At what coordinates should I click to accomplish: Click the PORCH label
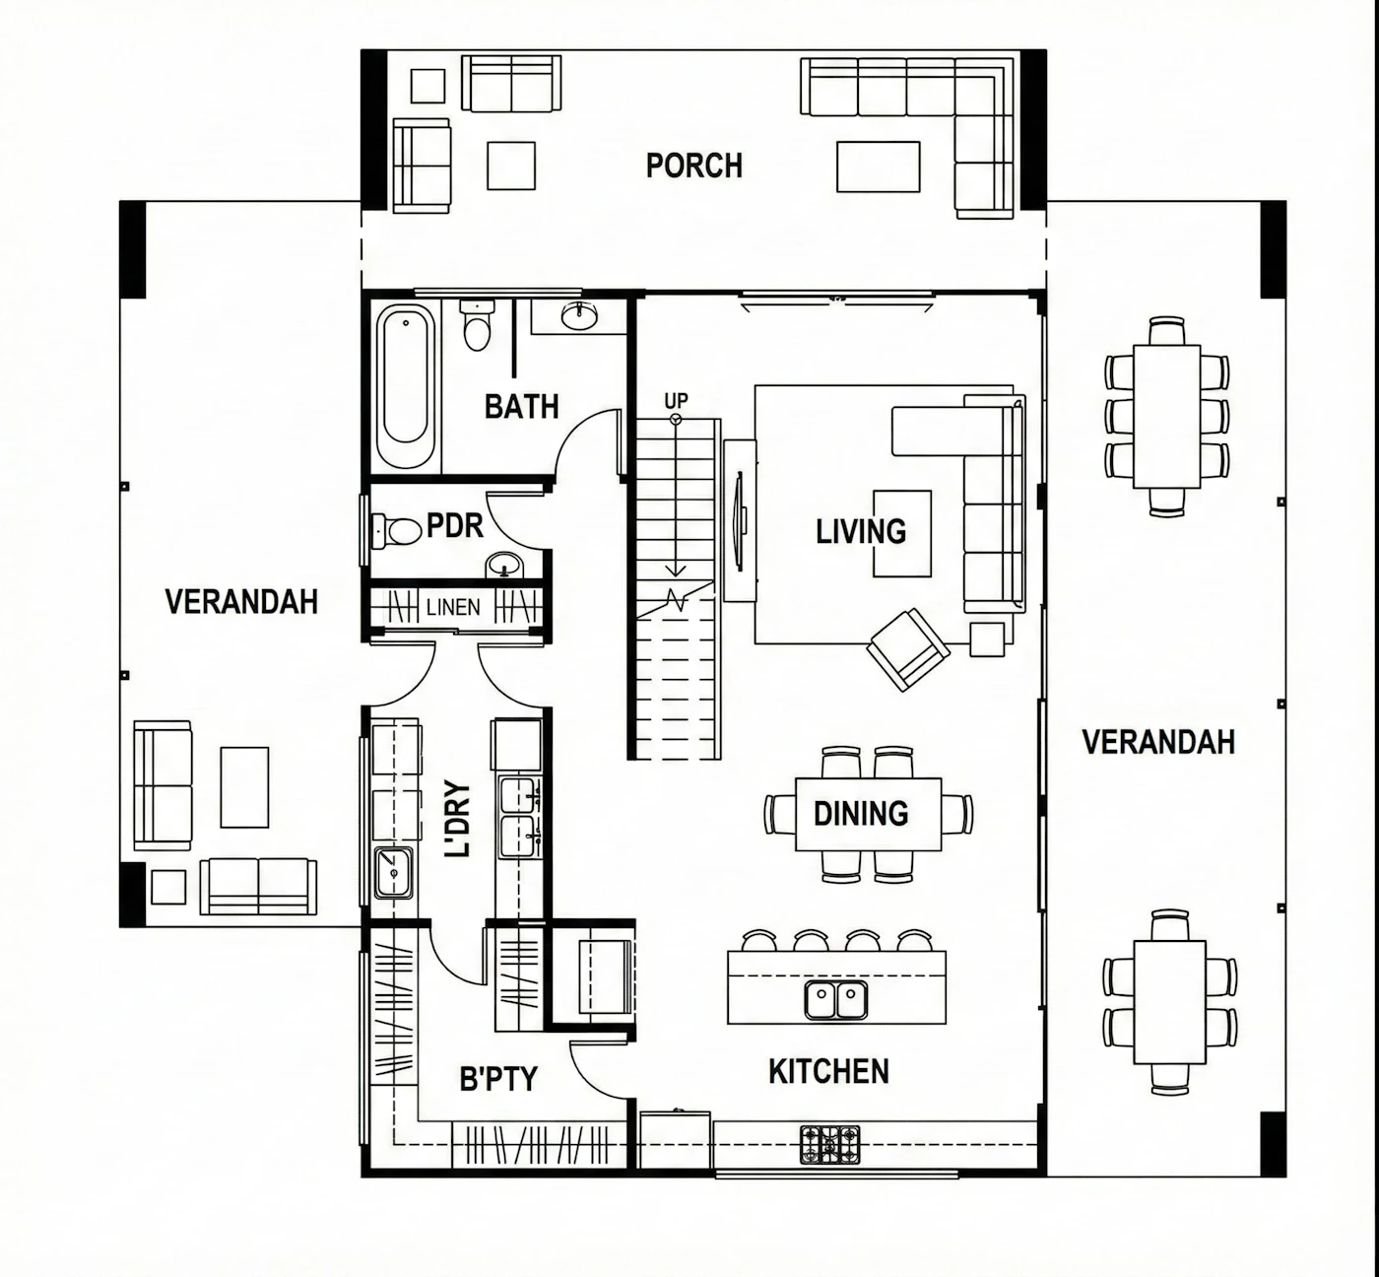[x=693, y=166]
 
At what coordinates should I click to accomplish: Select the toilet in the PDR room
[x=397, y=531]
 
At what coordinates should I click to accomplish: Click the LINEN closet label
[x=453, y=607]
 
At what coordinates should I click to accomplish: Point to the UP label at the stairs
[x=676, y=401]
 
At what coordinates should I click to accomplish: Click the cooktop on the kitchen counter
[x=829, y=1144]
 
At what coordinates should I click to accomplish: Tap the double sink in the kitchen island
[x=836, y=999]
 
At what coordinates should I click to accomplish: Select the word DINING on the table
[x=860, y=814]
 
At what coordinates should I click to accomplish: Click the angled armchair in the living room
[x=907, y=649]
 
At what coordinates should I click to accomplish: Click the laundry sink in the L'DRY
[x=394, y=872]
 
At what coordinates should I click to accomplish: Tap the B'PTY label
[x=498, y=1079]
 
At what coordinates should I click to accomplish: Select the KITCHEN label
[x=828, y=1071]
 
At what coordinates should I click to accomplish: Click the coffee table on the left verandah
[x=244, y=787]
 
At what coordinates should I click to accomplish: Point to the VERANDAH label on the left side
[x=241, y=602]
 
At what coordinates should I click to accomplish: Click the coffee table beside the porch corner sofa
[x=879, y=167]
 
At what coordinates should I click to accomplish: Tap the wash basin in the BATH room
[x=579, y=317]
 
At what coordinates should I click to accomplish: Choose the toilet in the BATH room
[x=477, y=325]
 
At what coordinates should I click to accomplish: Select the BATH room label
[x=521, y=407]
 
